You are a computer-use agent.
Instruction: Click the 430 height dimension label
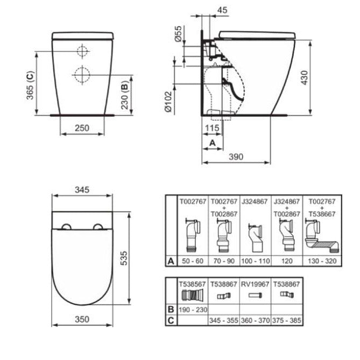click(x=305, y=78)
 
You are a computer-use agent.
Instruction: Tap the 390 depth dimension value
click(x=236, y=157)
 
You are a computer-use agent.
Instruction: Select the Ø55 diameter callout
click(x=178, y=33)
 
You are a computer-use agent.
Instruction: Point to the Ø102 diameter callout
click(x=168, y=102)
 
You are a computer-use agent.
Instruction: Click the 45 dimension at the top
click(x=222, y=10)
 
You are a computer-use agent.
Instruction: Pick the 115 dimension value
click(x=212, y=128)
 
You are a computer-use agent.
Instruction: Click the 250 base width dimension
click(x=82, y=128)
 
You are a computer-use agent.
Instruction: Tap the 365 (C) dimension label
click(x=30, y=85)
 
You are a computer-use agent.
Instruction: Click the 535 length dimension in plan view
click(x=124, y=258)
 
